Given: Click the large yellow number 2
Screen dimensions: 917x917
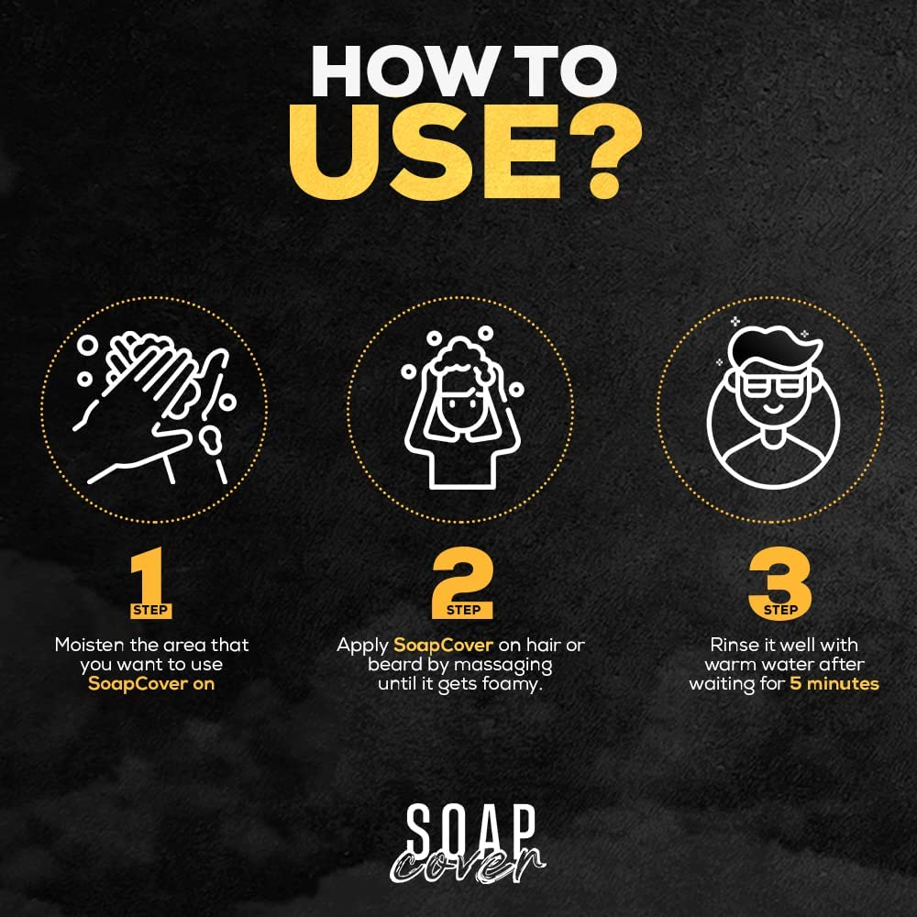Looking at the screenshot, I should pyautogui.click(x=461, y=578).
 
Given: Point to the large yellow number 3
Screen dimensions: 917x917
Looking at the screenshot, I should pyautogui.click(x=779, y=578).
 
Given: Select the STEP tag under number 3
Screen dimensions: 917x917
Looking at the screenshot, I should pyautogui.click(x=779, y=610).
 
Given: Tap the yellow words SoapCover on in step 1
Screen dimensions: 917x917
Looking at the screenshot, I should pyautogui.click(x=151, y=683).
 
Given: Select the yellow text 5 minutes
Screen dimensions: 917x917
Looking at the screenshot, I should pyautogui.click(x=834, y=683).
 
